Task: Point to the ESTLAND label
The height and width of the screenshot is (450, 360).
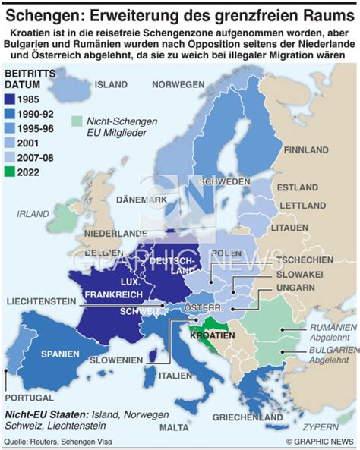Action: click(x=298, y=187)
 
